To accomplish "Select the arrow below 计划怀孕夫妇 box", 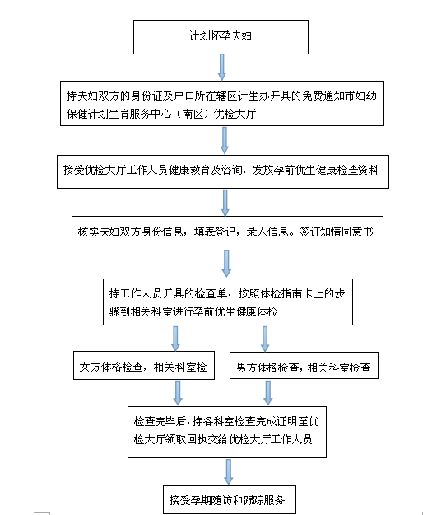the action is pyautogui.click(x=222, y=68).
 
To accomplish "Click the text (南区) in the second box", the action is pyautogui.click(x=192, y=114).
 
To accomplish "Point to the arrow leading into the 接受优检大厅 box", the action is pyautogui.click(x=225, y=140).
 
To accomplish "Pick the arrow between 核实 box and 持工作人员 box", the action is pyautogui.click(x=226, y=264).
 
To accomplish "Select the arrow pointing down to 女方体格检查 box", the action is pyautogui.click(x=175, y=339).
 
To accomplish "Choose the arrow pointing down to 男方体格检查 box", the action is pyautogui.click(x=265, y=339).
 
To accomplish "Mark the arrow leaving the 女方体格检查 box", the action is pyautogui.click(x=178, y=393).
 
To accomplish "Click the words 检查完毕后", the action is pyautogui.click(x=160, y=421).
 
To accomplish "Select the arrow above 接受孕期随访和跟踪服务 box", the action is pyautogui.click(x=229, y=471).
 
